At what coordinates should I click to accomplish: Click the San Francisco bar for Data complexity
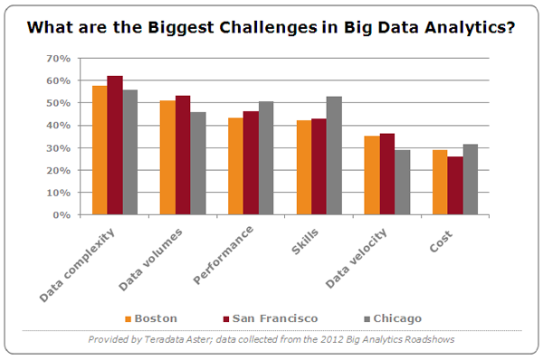pos(115,145)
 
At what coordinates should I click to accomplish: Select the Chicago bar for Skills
pos(334,156)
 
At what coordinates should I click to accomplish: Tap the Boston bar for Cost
pos(440,183)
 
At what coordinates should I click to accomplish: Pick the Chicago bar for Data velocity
pos(402,183)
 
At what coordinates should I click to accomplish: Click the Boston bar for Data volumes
pos(167,157)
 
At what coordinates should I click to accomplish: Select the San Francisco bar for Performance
pos(251,163)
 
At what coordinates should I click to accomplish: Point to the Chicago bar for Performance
pos(266,158)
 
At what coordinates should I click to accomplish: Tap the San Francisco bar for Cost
pos(455,185)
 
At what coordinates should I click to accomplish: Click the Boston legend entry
pos(151,318)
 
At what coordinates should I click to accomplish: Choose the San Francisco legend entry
pos(271,318)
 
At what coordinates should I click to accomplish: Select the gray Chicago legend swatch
pos(367,318)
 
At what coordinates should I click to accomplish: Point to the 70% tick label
pos(59,59)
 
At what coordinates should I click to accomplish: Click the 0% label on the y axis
pos(62,215)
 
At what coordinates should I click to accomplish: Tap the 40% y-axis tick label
pos(59,126)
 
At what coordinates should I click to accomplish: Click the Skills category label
pos(304,242)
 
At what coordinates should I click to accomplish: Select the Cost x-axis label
pos(441,242)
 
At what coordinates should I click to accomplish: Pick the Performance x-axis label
pos(223,255)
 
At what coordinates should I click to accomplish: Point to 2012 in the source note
pos(330,339)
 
